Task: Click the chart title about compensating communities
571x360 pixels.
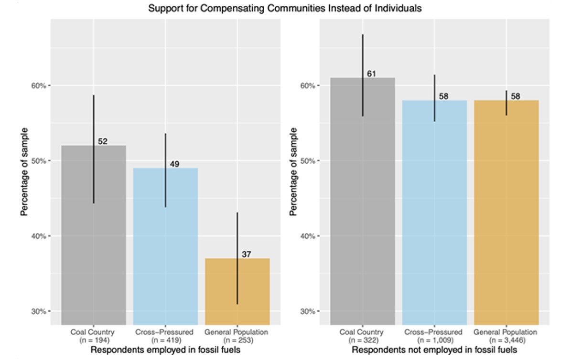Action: click(x=285, y=9)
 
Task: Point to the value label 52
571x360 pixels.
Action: click(x=103, y=141)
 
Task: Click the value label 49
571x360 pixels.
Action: click(x=174, y=164)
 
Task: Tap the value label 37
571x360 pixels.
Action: click(x=246, y=254)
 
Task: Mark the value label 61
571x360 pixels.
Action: click(x=372, y=74)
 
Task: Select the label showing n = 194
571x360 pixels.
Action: click(x=94, y=340)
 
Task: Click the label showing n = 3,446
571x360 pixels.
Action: click(x=506, y=340)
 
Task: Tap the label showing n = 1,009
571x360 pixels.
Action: click(x=434, y=340)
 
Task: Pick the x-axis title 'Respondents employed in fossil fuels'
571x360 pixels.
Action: click(x=165, y=350)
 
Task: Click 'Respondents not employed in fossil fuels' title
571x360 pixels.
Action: click(x=434, y=350)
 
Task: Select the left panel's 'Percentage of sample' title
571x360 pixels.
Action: click(x=24, y=172)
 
